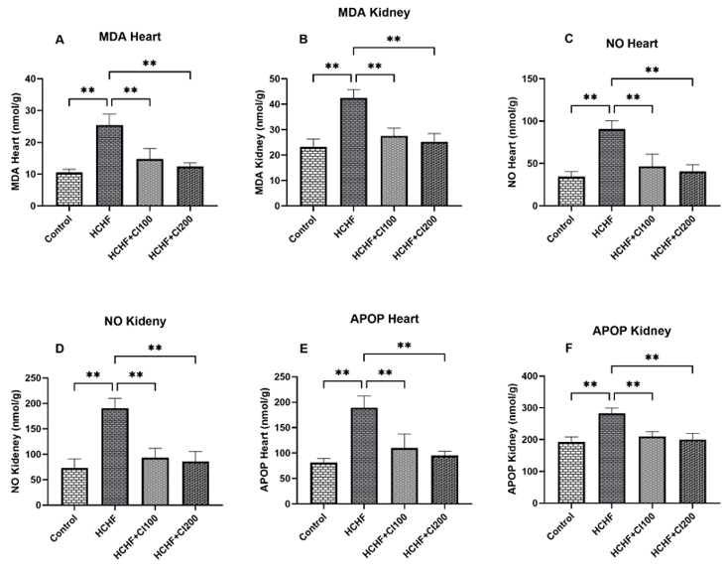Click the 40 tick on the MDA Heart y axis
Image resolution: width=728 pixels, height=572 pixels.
(40, 78)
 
